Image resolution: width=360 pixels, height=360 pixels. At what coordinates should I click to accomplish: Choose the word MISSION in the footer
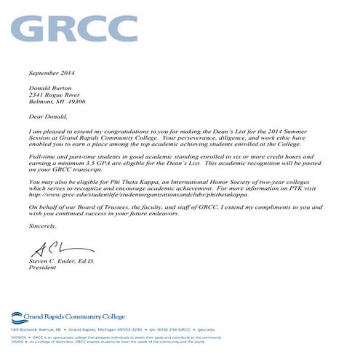point(18,337)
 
